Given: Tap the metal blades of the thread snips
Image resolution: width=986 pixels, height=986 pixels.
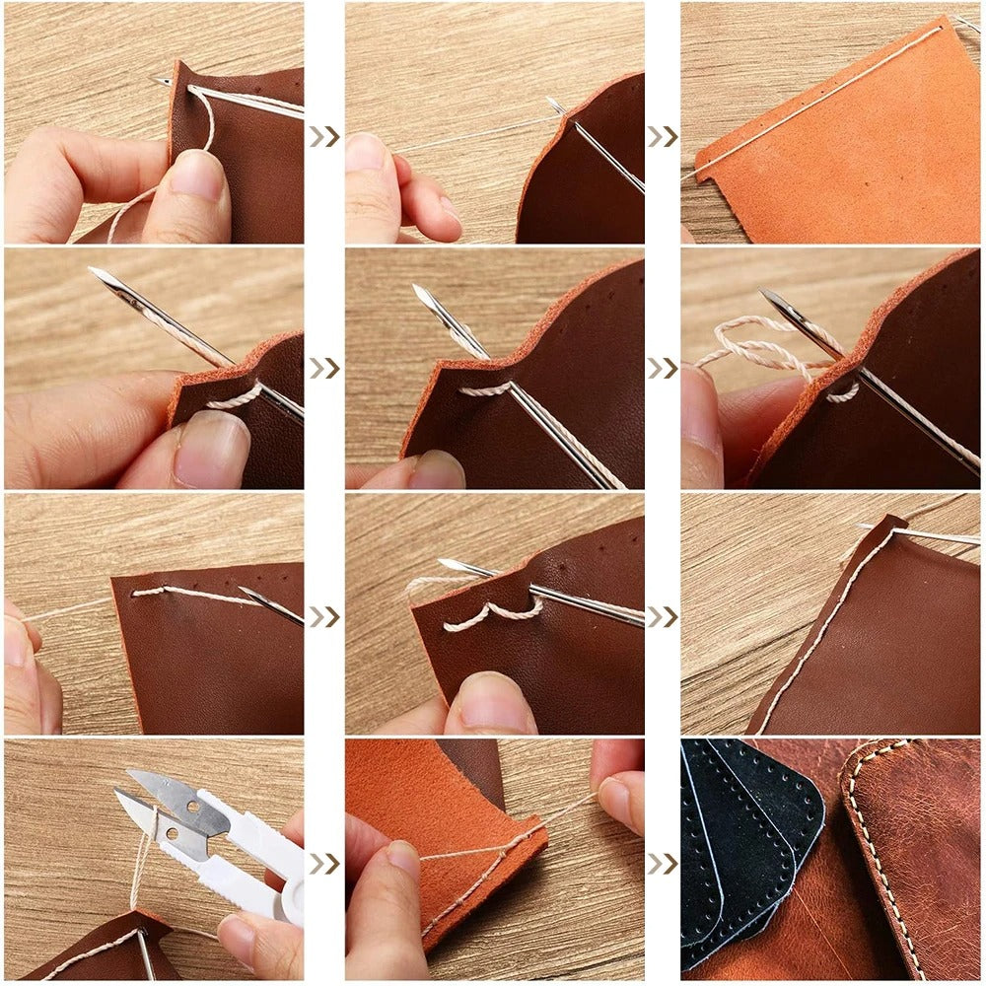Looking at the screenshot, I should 163,804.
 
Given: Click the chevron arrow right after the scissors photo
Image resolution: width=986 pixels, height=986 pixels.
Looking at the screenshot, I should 324,863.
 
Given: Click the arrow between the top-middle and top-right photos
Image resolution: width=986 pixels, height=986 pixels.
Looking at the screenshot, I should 663,136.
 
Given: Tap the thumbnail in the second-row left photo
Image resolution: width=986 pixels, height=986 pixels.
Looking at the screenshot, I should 212,449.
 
